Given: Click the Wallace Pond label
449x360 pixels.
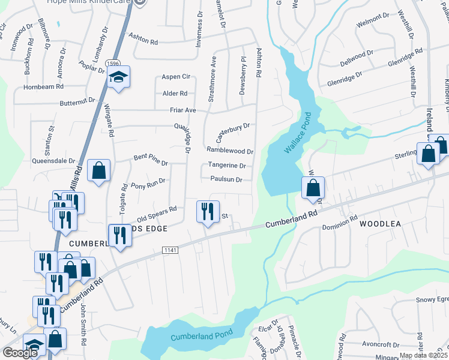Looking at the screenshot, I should tap(296, 133).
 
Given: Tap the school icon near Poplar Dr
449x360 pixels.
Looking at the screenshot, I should tap(119, 78).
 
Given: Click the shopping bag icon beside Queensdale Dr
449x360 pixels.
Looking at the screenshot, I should tap(98, 170).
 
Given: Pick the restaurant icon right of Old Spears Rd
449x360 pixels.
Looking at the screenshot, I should tap(207, 211).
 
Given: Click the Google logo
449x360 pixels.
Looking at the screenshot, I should tap(20, 353).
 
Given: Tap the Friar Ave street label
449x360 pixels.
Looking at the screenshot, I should tap(183, 110).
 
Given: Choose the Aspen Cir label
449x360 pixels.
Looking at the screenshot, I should tap(176, 77).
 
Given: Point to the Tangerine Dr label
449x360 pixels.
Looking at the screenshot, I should tap(227, 166).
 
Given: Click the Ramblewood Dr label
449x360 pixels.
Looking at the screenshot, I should tap(230, 150).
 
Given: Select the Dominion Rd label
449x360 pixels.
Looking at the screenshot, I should tap(340, 223).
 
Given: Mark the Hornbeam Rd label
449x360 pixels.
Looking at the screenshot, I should tap(43, 87).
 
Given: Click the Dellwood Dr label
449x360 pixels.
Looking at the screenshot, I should tap(356, 58).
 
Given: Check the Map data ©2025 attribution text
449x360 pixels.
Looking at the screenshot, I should tap(424, 355).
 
